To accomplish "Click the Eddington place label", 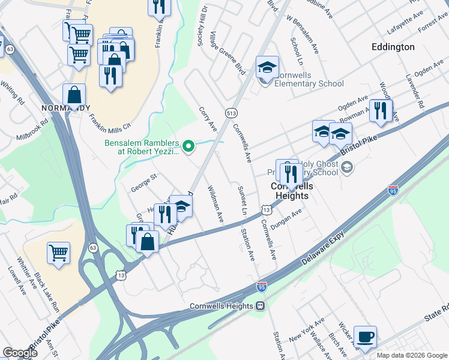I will pyautogui.click(x=393, y=47).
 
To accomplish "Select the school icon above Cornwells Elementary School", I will pyautogui.click(x=267, y=67).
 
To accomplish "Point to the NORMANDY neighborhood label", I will pyautogui.click(x=66, y=108).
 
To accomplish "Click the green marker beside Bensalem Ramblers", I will pyautogui.click(x=188, y=145).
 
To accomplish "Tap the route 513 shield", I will pyautogui.click(x=230, y=112).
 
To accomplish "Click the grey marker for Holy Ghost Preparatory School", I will pyautogui.click(x=348, y=167).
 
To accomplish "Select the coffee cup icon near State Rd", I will pyautogui.click(x=364, y=337).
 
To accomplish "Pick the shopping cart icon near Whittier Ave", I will pyautogui.click(x=58, y=253).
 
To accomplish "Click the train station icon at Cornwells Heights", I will pyautogui.click(x=261, y=305).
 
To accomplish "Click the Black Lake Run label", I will pyautogui.click(x=47, y=290).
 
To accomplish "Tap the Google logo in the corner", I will pyautogui.click(x=20, y=353).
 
